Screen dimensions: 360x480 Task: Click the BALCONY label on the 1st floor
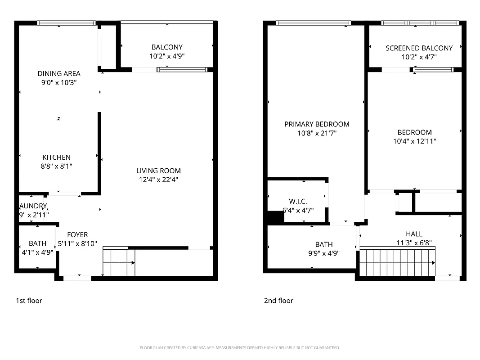click(x=167, y=47)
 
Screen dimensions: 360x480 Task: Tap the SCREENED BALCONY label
click(x=419, y=48)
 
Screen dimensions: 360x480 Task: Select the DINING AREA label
click(x=59, y=74)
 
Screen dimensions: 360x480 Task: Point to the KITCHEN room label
click(x=56, y=157)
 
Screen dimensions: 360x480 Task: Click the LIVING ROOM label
click(x=158, y=171)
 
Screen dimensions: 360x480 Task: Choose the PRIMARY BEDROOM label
click(x=317, y=124)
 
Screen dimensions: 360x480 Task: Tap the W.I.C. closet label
click(x=298, y=201)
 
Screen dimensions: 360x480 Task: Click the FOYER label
click(x=77, y=235)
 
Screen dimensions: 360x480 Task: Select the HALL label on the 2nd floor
click(x=414, y=234)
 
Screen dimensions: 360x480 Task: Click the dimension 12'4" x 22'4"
click(x=158, y=180)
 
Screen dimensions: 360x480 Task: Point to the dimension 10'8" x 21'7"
click(x=317, y=133)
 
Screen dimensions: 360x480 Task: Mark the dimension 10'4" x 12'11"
click(x=414, y=141)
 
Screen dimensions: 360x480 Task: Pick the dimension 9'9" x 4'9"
click(x=323, y=253)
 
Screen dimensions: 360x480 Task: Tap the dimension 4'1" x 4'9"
click(x=37, y=252)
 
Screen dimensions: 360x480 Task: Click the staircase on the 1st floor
click(x=119, y=262)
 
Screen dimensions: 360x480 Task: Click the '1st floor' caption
click(x=29, y=301)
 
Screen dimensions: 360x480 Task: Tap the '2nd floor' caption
click(x=278, y=301)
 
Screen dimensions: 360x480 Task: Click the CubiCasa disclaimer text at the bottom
click(x=240, y=348)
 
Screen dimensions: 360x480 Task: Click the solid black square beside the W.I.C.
click(x=275, y=217)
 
